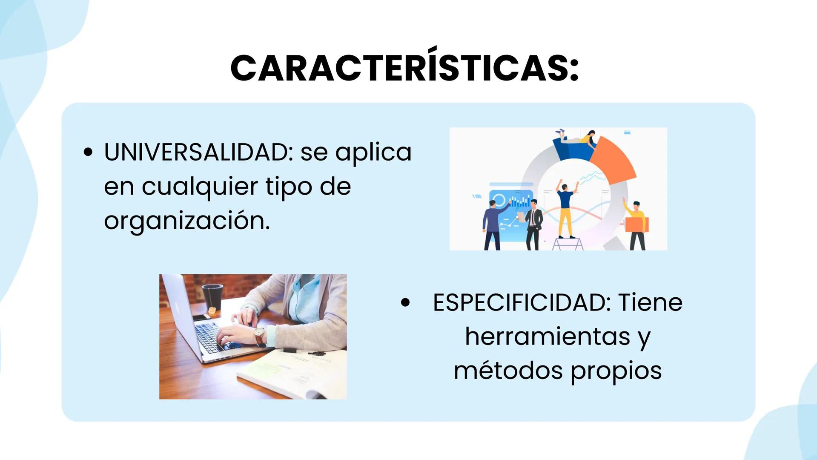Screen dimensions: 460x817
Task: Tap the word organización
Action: (187, 221)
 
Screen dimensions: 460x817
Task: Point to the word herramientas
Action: (548, 336)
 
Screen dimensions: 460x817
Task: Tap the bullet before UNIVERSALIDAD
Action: (88, 152)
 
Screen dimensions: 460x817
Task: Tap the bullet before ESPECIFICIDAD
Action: (405, 303)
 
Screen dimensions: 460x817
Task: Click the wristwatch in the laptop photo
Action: (259, 336)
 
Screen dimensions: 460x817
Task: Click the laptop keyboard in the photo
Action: (217, 336)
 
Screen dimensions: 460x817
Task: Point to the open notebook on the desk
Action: (294, 371)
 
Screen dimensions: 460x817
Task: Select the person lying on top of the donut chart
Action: (577, 138)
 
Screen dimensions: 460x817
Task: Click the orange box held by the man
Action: (636, 224)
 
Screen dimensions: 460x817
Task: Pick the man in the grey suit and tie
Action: (533, 224)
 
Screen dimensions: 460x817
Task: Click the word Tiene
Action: (650, 303)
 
